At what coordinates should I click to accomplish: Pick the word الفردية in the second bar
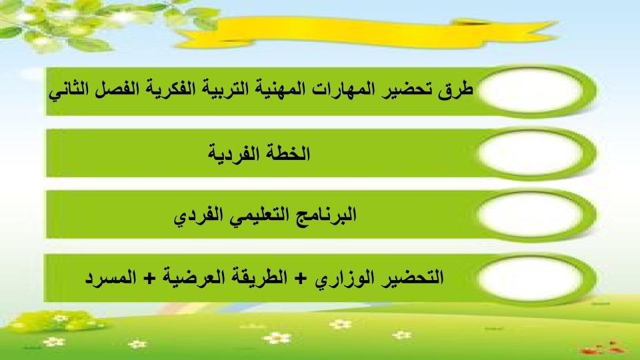coord(233,154)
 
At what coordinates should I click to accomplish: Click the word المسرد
coord(110,278)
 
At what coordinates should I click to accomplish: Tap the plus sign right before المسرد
coord(150,279)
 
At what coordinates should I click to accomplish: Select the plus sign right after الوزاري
coord(301,279)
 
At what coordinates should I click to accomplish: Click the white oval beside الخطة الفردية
coord(531,153)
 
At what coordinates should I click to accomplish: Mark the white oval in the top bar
coord(531,91)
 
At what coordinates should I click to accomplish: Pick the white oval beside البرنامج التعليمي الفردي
coord(531,215)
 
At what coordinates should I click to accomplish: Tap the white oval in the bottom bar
coord(531,279)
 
